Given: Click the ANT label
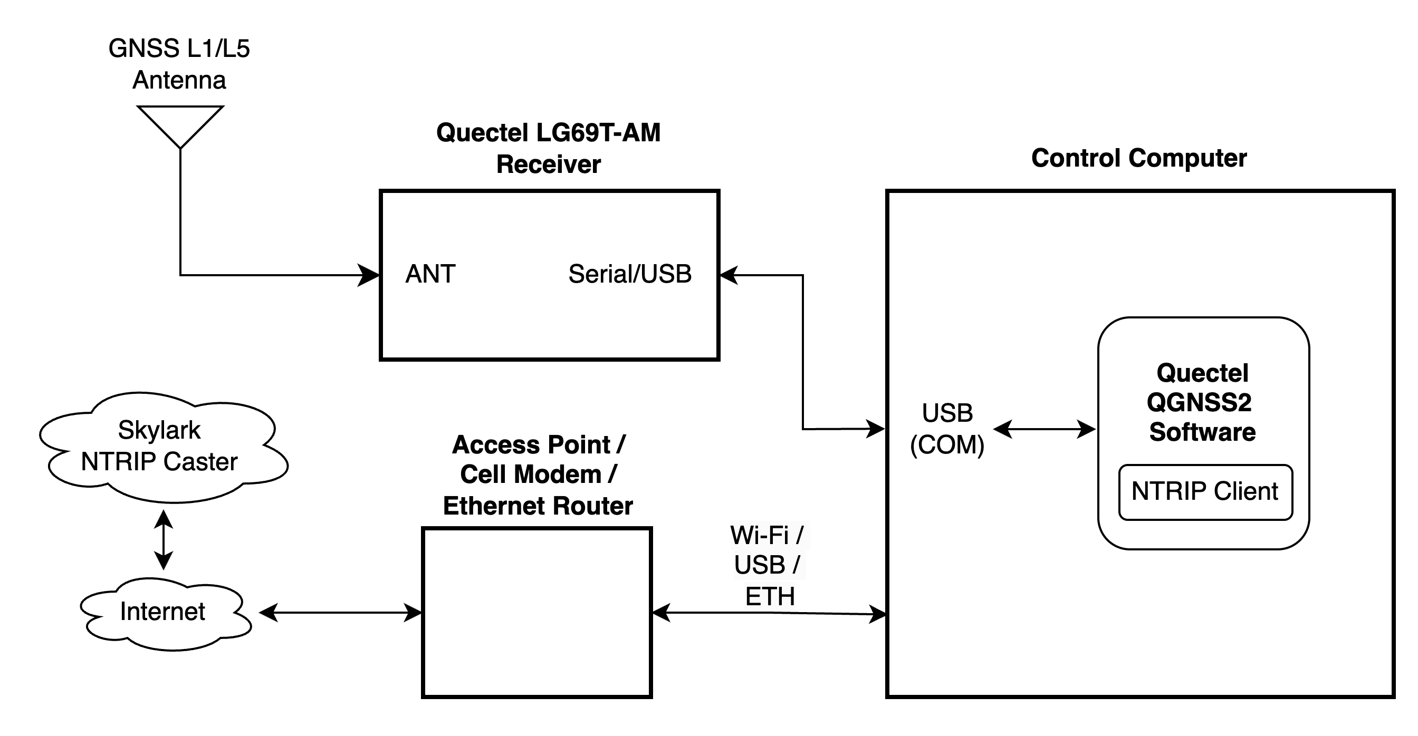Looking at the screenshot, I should (x=430, y=274).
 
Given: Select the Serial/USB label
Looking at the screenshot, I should (x=630, y=274).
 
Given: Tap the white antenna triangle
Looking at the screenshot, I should (x=180, y=124).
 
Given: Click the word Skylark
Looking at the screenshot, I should (x=159, y=430).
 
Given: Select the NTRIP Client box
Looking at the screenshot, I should (x=1205, y=492).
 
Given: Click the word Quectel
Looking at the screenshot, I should (x=1202, y=373).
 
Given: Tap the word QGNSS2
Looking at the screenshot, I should (x=1199, y=402).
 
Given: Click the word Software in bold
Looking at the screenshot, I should (x=1202, y=432).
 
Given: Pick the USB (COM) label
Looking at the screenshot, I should (x=947, y=429).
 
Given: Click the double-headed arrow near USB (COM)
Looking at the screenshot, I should (x=1044, y=429).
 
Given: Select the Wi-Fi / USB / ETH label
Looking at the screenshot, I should (x=769, y=566).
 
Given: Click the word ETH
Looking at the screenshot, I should (x=770, y=597).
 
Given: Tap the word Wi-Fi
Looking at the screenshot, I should (x=760, y=535).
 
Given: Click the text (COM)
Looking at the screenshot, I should (x=947, y=444).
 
